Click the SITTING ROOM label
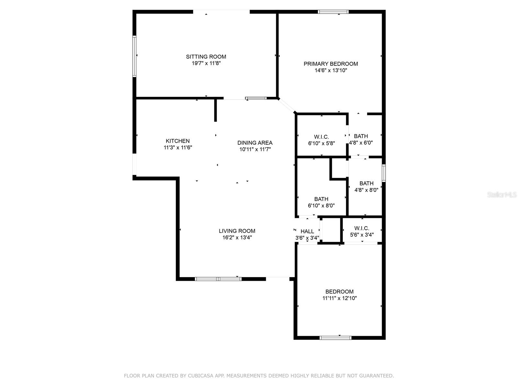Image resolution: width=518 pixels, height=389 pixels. click(x=206, y=57)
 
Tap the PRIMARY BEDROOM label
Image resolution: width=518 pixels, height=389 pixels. click(x=331, y=64)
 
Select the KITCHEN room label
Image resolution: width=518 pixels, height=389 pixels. click(x=178, y=141)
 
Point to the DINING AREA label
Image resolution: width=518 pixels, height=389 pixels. click(x=255, y=143)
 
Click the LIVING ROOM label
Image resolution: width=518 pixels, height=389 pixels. click(x=237, y=231)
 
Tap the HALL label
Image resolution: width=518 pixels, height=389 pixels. click(x=307, y=231)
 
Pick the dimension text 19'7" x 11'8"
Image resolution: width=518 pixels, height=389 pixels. click(x=206, y=64)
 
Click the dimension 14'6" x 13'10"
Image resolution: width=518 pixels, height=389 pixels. click(x=331, y=71)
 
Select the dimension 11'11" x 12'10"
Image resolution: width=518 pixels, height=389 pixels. click(x=339, y=298)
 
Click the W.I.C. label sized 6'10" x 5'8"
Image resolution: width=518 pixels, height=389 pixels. click(x=321, y=137)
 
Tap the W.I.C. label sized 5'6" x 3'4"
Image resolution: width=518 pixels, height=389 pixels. click(x=362, y=228)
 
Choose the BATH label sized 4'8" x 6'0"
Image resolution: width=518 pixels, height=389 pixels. click(x=361, y=136)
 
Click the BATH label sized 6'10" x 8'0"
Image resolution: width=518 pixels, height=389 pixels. click(x=321, y=199)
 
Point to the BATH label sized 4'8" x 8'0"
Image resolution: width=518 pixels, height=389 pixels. click(x=366, y=183)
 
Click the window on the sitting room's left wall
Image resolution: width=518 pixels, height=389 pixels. click(x=134, y=56)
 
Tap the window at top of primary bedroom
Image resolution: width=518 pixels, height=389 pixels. click(x=333, y=12)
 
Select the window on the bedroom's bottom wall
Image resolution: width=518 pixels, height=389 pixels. click(x=335, y=337)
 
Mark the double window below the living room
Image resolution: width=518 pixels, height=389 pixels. click(x=218, y=279)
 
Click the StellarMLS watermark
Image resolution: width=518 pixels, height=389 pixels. click(x=502, y=195)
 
